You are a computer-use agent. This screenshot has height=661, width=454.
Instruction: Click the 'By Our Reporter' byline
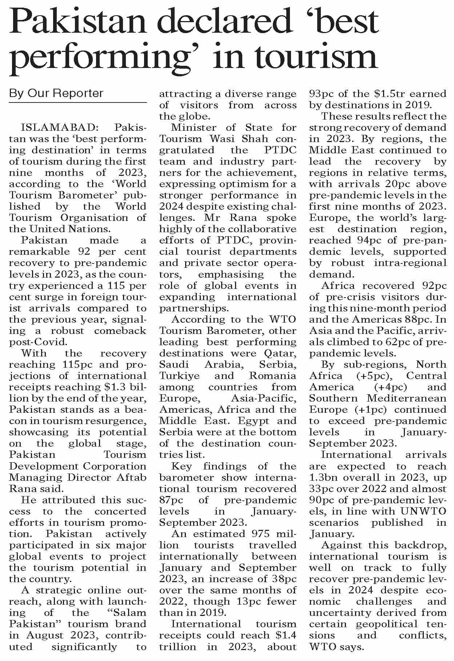[56, 93]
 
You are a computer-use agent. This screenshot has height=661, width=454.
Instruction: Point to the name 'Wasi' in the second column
[212, 139]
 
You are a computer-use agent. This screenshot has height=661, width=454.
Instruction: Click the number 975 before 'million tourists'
[264, 533]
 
